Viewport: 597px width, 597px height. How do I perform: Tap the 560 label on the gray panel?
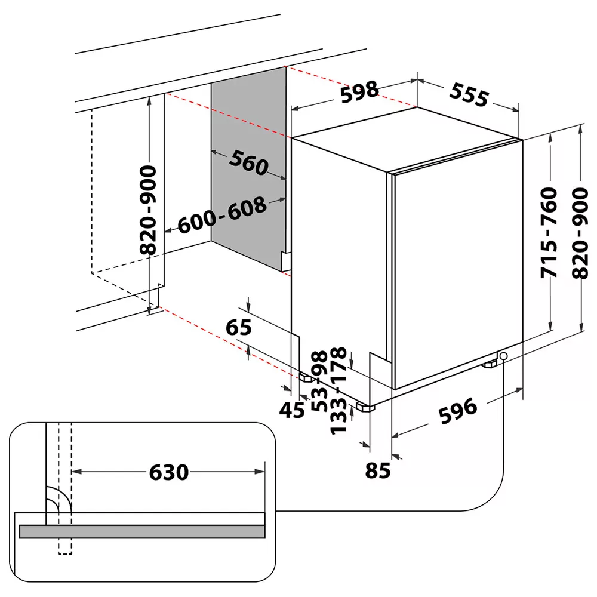tap(248, 162)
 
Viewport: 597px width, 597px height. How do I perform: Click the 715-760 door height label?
tap(548, 233)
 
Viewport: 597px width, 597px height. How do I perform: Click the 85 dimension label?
tap(377, 470)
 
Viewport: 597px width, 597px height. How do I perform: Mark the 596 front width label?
tap(458, 410)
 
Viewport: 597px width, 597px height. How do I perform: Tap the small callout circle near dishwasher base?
tap(504, 356)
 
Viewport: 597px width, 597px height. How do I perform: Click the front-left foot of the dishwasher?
tap(364, 407)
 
